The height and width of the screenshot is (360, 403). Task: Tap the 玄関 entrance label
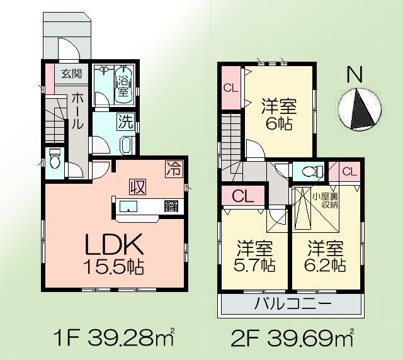pos(71,74)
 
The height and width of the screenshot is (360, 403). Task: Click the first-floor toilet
pos(54,159)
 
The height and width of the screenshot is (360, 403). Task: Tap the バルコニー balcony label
pos(292,307)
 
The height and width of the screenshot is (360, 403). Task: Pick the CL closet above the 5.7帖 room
pos(242,196)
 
